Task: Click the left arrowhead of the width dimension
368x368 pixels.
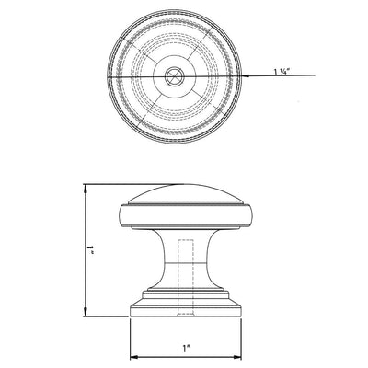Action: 132,356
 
